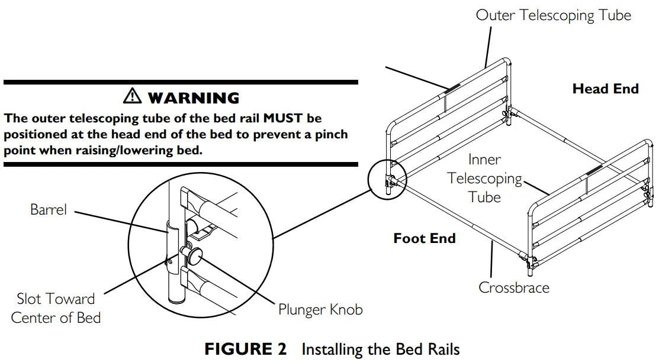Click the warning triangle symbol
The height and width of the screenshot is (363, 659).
[x=132, y=97]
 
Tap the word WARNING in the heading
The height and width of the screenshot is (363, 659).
[x=193, y=98]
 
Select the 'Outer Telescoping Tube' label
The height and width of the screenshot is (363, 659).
[x=553, y=15]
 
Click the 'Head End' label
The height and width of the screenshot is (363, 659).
[x=605, y=89]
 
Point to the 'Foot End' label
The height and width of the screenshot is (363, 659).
[x=425, y=238]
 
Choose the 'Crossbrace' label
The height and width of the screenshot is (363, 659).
[x=513, y=288]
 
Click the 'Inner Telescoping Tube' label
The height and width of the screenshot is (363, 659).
[x=484, y=178]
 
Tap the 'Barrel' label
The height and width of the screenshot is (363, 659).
[x=49, y=209]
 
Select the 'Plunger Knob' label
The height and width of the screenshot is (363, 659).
[x=320, y=309]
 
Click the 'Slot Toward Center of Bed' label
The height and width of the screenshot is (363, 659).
[x=56, y=307]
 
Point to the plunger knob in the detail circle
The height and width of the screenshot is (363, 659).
[x=194, y=255]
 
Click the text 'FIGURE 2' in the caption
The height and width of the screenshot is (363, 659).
[x=245, y=349]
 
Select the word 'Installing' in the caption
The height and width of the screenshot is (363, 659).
[x=328, y=349]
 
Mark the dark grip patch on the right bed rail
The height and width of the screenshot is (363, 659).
[x=593, y=172]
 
